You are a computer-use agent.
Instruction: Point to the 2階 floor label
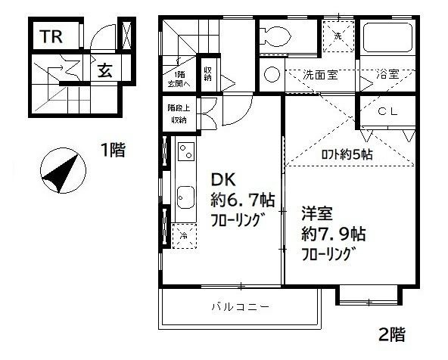point(394,334)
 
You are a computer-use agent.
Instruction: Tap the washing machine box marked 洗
point(337,36)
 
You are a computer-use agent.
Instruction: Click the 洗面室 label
point(321,75)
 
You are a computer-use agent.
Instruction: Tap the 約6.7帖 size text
point(241,200)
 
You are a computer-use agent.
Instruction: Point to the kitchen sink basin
point(184,200)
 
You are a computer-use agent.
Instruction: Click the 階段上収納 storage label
point(178,114)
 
